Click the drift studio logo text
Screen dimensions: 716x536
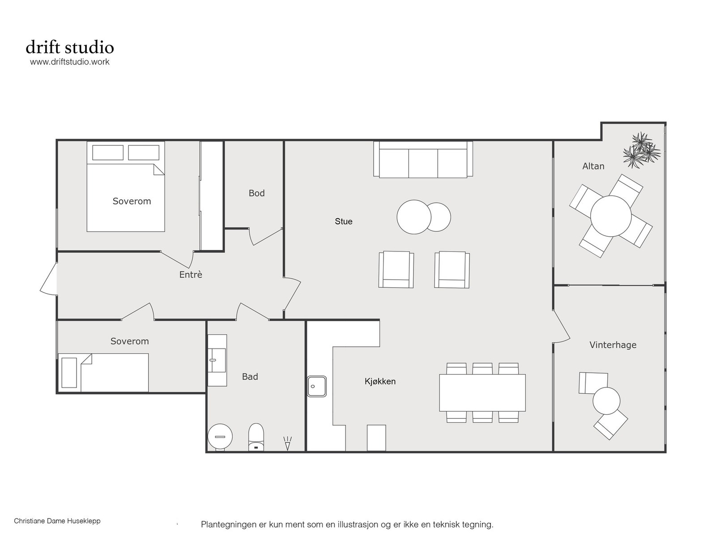point(70,47)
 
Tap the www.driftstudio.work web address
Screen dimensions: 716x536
point(70,62)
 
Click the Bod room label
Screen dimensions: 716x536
point(256,193)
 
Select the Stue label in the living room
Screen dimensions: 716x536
point(344,221)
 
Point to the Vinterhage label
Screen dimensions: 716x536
point(613,345)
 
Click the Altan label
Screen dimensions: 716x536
point(593,166)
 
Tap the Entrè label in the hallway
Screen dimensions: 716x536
point(191,275)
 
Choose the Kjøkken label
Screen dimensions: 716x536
point(380,381)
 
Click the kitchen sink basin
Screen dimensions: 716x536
point(316,387)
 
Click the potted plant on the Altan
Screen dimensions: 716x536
point(642,151)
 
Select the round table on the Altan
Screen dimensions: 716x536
point(611,216)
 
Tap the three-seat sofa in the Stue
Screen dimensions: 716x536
point(423,159)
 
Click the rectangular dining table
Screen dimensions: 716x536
point(482,392)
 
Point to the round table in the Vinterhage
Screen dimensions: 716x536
point(606,401)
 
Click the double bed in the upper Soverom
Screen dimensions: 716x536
point(126,186)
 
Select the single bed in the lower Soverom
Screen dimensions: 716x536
point(103,372)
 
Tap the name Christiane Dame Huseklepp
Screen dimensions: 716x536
point(57,521)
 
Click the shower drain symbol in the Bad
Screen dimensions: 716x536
point(287,443)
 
